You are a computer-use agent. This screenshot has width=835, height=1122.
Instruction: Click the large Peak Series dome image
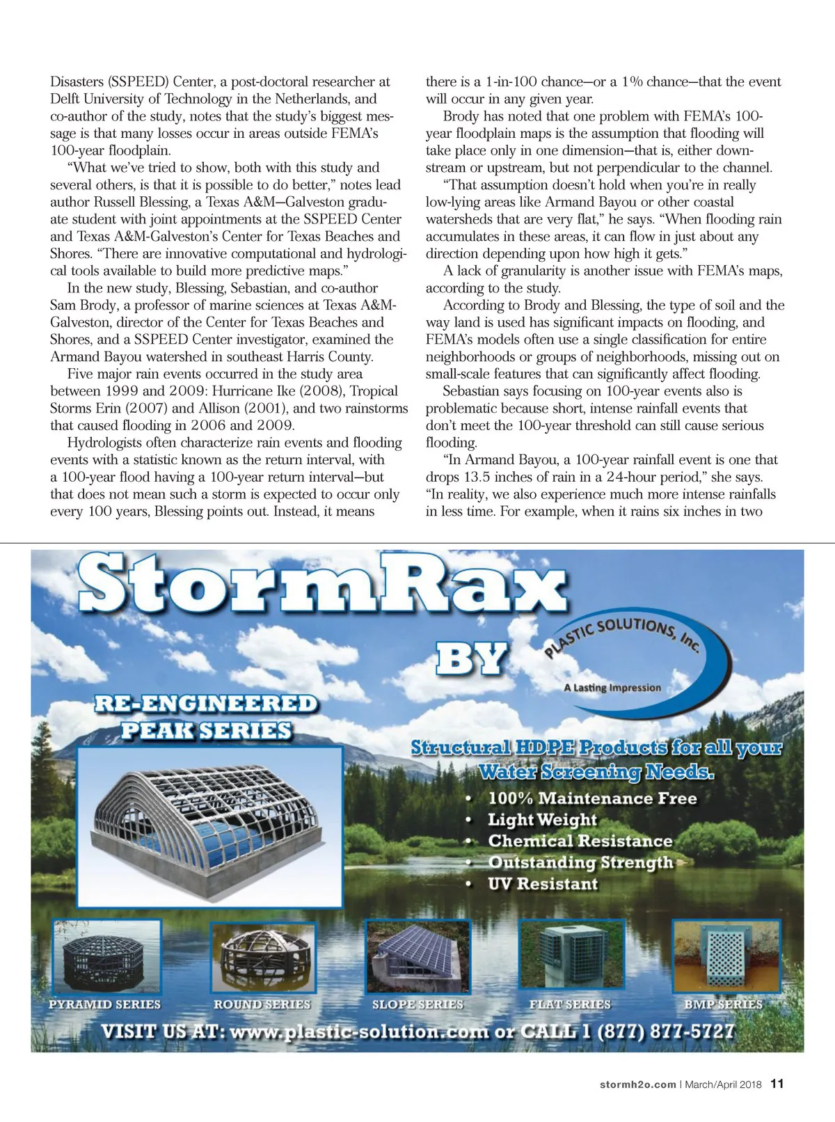pos(209,826)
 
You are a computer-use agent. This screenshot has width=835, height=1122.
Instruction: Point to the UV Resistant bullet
pos(543,884)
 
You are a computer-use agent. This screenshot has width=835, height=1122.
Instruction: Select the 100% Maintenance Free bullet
pos(591,798)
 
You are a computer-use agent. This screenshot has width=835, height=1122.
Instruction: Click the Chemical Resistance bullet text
pos(580,841)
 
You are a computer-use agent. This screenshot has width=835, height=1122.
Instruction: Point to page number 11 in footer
pos(777,1084)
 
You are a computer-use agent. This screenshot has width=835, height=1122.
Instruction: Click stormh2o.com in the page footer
pos(637,1084)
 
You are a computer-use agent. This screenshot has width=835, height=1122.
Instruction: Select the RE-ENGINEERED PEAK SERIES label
pos(206,717)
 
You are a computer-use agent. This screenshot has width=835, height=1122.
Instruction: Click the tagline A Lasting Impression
pos(612,688)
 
